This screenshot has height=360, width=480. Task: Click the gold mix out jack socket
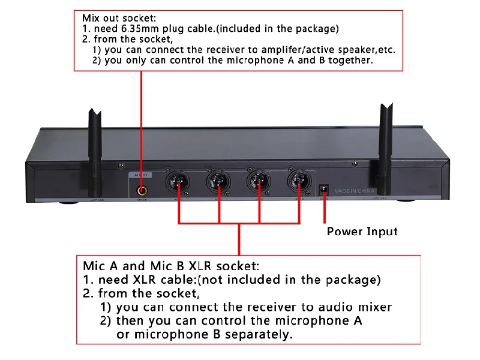coord(142,190)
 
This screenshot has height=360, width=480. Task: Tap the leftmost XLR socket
coord(179,180)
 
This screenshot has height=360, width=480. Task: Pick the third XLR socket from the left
coord(259,180)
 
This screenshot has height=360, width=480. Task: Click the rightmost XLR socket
coord(298,180)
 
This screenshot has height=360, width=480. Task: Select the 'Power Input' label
coord(362,231)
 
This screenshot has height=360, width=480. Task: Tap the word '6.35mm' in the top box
coord(144,29)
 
